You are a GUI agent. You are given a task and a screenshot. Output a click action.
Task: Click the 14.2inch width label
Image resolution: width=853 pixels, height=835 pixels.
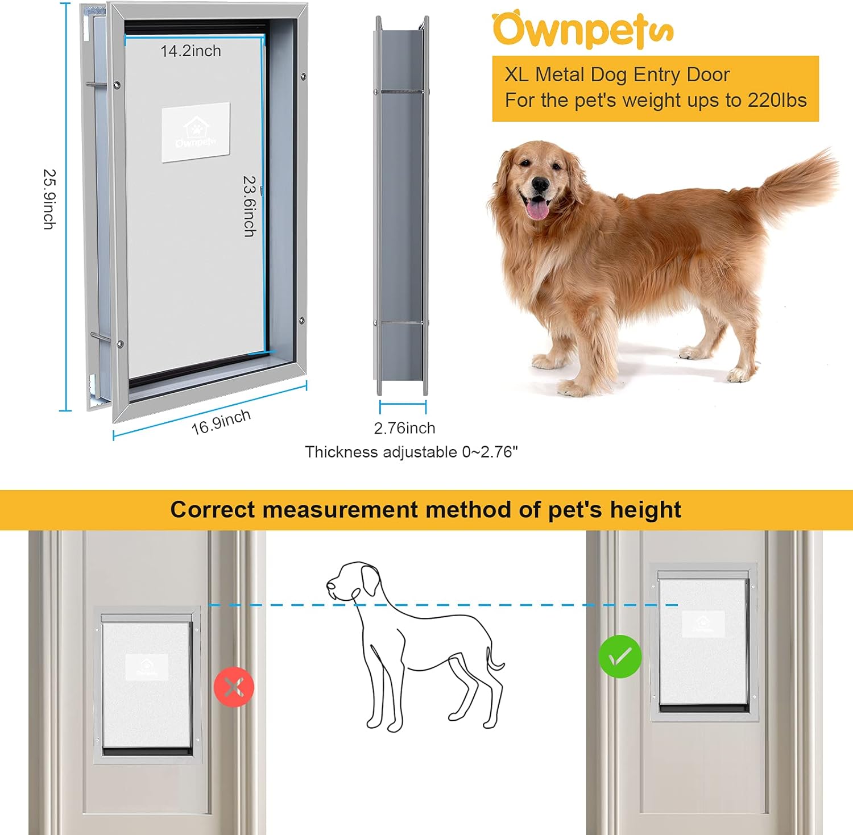coord(191,51)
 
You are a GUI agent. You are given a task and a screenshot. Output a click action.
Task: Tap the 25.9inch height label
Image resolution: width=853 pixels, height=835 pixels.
coord(49,199)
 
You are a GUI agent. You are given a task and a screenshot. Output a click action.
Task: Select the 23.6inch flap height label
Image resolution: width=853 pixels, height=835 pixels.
coord(249,206)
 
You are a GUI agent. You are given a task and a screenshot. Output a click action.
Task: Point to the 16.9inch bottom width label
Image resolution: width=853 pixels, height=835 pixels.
coord(221,422)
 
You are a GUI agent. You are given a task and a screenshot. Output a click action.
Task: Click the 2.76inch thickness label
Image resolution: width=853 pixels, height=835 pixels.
coord(404,428)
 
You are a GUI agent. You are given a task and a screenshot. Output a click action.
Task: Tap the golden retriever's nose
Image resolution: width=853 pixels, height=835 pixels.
coord(540,185)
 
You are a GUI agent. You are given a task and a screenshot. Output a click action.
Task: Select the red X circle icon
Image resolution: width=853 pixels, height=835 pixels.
coord(234,687)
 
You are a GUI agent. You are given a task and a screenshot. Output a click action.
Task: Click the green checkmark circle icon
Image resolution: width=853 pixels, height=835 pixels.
coord(620,656)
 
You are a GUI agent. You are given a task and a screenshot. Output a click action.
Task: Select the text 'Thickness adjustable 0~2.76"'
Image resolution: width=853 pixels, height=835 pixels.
coord(411,452)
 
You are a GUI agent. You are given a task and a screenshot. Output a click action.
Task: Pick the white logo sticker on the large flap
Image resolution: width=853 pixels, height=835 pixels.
coord(196,132)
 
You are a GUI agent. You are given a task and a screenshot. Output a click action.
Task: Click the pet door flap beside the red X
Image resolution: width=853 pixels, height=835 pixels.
coord(147,685)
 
